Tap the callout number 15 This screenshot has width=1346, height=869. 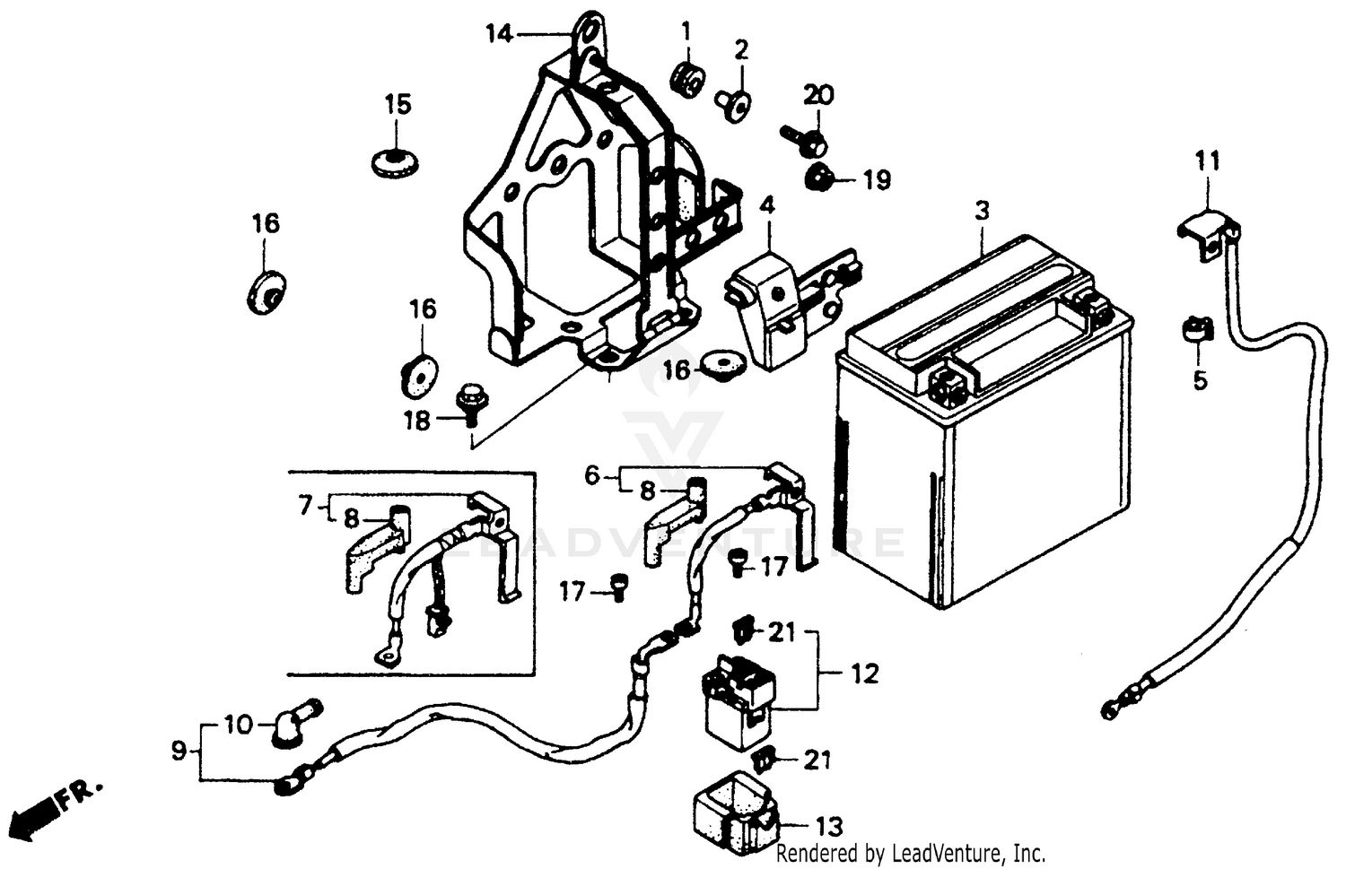point(398,105)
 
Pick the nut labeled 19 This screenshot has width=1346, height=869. point(818,178)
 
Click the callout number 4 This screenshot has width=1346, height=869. point(766,205)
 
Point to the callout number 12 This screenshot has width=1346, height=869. point(864,673)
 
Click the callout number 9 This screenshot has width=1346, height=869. point(179,750)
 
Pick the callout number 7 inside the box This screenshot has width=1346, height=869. point(306,506)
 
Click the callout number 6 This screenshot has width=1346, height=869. point(591,475)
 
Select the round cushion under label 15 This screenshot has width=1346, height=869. point(396,162)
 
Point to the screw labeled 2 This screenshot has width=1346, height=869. point(734,105)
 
